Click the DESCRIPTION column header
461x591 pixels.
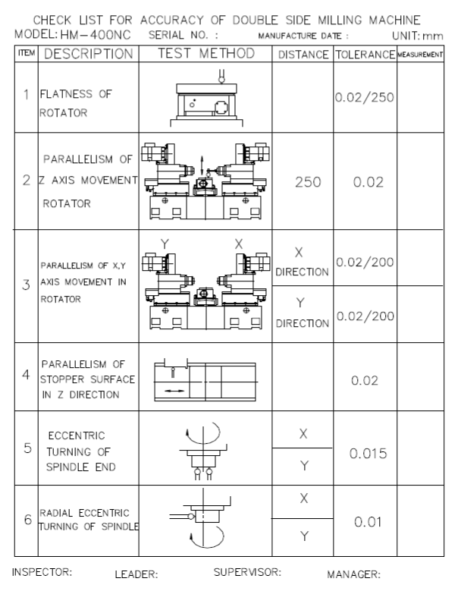pyautogui.click(x=89, y=54)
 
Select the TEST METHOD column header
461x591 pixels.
pyautogui.click(x=206, y=53)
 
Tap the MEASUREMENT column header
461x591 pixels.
pyautogui.click(x=420, y=55)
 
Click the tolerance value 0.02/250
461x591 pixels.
pyautogui.click(x=365, y=97)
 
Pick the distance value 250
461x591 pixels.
pyautogui.click(x=308, y=182)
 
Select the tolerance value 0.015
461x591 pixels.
pyautogui.click(x=368, y=454)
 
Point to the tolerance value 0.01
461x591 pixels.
pyautogui.click(x=368, y=522)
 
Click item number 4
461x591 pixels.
pyautogui.click(x=26, y=375)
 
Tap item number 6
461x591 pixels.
pyautogui.click(x=27, y=520)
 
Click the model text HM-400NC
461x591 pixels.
pyautogui.click(x=96, y=35)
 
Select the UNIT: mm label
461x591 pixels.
pyautogui.click(x=417, y=36)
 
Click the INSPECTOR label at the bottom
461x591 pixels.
pyautogui.click(x=42, y=572)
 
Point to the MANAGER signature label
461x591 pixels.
pyautogui.click(x=353, y=574)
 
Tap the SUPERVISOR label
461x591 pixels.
pyautogui.click(x=247, y=572)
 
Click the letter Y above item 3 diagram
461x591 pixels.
pyautogui.click(x=165, y=244)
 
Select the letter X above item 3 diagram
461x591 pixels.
pyautogui.click(x=238, y=244)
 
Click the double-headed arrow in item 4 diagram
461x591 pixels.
pyautogui.click(x=174, y=391)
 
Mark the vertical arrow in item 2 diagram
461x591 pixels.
pyautogui.click(x=202, y=165)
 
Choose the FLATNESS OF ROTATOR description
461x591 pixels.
pyautogui.click(x=75, y=103)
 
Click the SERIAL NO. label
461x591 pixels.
pyautogui.click(x=183, y=35)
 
